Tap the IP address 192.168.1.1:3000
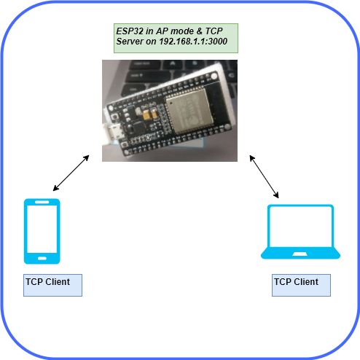(193, 42)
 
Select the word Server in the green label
(130, 42)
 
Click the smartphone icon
(42, 231)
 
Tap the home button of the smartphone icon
(42, 259)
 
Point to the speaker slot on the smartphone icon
(42, 202)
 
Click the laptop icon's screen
(300, 227)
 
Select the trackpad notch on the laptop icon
(300, 254)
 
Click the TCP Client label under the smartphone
(52, 285)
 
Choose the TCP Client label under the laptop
(301, 285)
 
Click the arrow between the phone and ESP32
(71, 173)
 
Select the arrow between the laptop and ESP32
(264, 176)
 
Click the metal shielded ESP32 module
(188, 111)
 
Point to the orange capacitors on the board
(151, 114)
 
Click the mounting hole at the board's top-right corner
(214, 77)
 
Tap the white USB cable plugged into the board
(106, 135)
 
